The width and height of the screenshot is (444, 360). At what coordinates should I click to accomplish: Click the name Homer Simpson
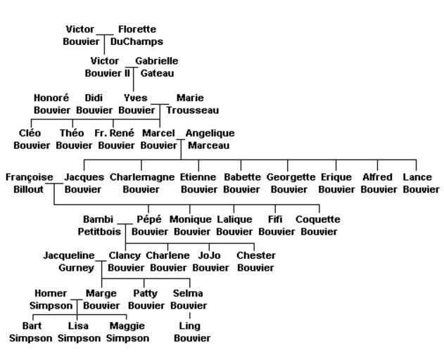[51, 300]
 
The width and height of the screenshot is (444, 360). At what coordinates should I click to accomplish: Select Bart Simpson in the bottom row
[31, 332]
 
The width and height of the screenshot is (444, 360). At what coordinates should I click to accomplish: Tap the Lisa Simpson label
[78, 332]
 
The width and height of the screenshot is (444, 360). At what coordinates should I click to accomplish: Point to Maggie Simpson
[127, 332]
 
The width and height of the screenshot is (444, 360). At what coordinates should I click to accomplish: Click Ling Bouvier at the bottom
[191, 332]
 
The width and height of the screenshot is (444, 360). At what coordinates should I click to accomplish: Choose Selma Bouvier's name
[189, 300]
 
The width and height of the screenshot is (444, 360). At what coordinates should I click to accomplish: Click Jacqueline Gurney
[68, 262]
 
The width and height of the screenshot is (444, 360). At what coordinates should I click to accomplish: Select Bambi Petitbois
[99, 225]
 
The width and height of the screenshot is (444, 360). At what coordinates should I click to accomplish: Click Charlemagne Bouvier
[141, 183]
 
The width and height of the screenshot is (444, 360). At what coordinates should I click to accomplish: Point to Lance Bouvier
[421, 183]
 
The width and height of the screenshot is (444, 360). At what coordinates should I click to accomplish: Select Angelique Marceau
[210, 139]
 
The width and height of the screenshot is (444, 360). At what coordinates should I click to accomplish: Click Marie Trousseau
[192, 104]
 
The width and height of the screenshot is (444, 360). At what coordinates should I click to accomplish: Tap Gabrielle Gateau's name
[157, 67]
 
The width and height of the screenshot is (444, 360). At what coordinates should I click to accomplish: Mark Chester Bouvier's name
[255, 262]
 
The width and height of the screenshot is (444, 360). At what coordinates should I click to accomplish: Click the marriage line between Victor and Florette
[104, 34]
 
